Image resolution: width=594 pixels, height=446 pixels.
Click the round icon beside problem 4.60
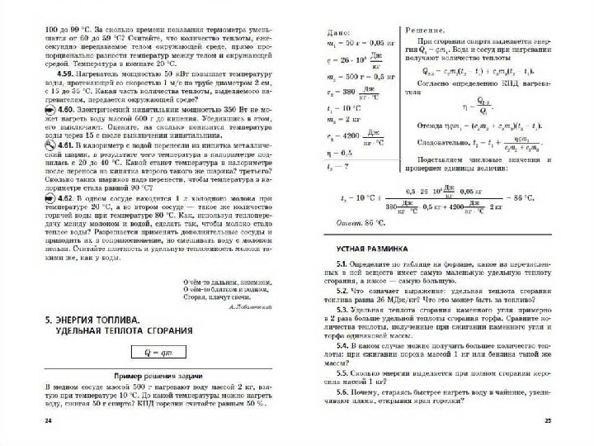click(26, 108)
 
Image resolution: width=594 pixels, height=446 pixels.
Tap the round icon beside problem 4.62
click(26, 199)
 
